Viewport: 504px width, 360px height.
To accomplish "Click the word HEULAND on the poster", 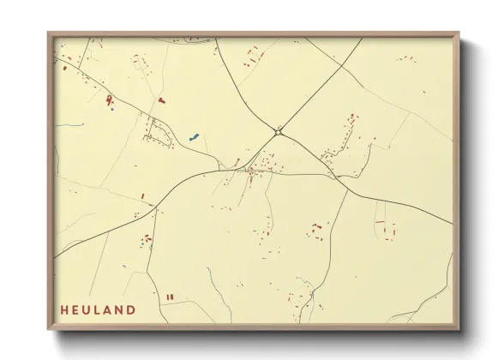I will click(98, 309).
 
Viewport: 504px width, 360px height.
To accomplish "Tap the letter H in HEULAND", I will click(64, 309).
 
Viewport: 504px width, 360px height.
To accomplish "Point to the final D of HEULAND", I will click(131, 309).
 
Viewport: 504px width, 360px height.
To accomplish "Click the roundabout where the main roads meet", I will click(279, 131).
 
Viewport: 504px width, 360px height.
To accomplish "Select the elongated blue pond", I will click(194, 135).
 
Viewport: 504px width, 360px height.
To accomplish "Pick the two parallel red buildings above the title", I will click(170, 297).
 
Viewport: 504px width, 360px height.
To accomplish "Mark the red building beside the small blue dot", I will click(109, 101).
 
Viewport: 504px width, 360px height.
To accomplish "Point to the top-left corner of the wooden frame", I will click(50, 34).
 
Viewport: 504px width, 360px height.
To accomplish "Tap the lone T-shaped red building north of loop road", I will click(160, 100).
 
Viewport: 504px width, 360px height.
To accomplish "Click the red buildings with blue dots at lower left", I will click(147, 239).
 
